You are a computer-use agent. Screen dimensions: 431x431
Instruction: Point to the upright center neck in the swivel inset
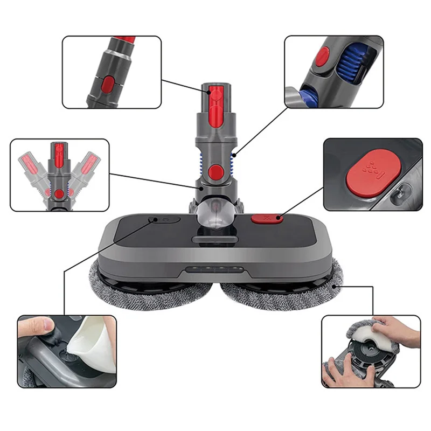[59, 167]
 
